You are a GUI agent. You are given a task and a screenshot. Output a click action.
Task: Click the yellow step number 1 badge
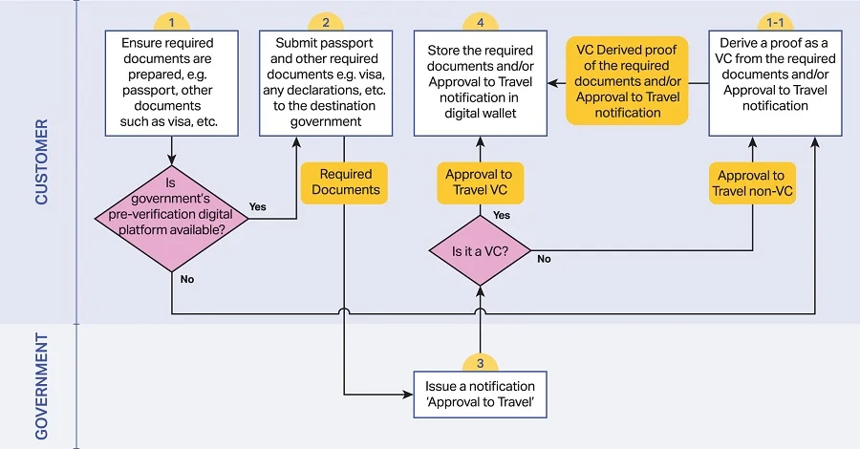coord(171,22)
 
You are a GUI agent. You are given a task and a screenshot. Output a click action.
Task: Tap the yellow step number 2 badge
coord(326,22)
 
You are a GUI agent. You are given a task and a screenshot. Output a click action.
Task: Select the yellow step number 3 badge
coord(480,364)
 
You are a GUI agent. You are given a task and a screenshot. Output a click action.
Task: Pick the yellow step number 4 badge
coord(480,22)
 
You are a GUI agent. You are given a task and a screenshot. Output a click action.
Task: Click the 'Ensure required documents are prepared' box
coord(171,81)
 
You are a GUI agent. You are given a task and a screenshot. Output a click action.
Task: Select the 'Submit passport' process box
coord(326,81)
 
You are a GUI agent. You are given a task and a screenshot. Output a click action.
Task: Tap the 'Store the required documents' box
coord(480,81)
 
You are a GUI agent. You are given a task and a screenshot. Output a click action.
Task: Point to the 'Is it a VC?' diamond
coord(480,250)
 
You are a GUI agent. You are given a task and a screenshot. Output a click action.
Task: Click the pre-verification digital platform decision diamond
coord(171,217)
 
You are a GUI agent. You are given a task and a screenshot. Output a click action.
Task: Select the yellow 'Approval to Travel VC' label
coord(480,182)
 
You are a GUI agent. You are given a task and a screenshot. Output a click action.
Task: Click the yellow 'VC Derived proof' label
coord(627,81)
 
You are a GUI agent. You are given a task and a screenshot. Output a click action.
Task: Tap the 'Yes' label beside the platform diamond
coord(258,206)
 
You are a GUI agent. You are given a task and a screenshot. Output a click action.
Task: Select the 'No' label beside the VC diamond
coord(544,259)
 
